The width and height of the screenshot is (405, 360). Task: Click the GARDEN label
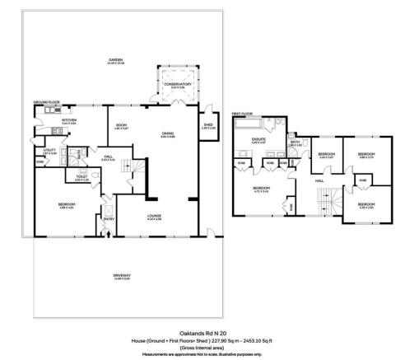tap(119, 60)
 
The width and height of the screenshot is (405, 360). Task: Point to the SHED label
tap(208, 126)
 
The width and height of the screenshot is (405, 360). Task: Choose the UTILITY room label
tap(49, 151)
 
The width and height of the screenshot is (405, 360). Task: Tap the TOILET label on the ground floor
tap(81, 176)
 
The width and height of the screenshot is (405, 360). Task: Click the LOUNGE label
tap(154, 217)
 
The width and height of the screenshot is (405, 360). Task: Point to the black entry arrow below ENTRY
tap(109, 234)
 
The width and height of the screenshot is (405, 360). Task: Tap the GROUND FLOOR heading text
tap(48, 102)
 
